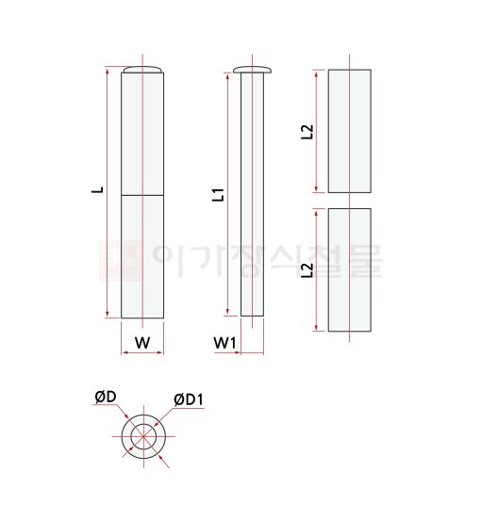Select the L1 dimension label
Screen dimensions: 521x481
pyautogui.click(x=217, y=195)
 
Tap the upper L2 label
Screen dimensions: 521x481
pyautogui.click(x=306, y=132)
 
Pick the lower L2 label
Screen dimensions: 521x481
pyautogui.click(x=306, y=271)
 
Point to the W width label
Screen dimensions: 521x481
pyautogui.click(x=142, y=343)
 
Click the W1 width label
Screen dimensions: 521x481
pyautogui.click(x=224, y=343)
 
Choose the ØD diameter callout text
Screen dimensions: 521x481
pyautogui.click(x=105, y=399)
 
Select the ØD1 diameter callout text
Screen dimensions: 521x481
pyautogui.click(x=190, y=400)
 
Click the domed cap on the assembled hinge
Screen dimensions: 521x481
pyautogui.click(x=143, y=70)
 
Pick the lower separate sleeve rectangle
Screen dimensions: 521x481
pyautogui.click(x=349, y=269)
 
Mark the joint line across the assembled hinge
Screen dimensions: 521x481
pyautogui.click(x=143, y=195)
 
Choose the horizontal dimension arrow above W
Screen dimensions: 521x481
pyautogui.click(x=143, y=354)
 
